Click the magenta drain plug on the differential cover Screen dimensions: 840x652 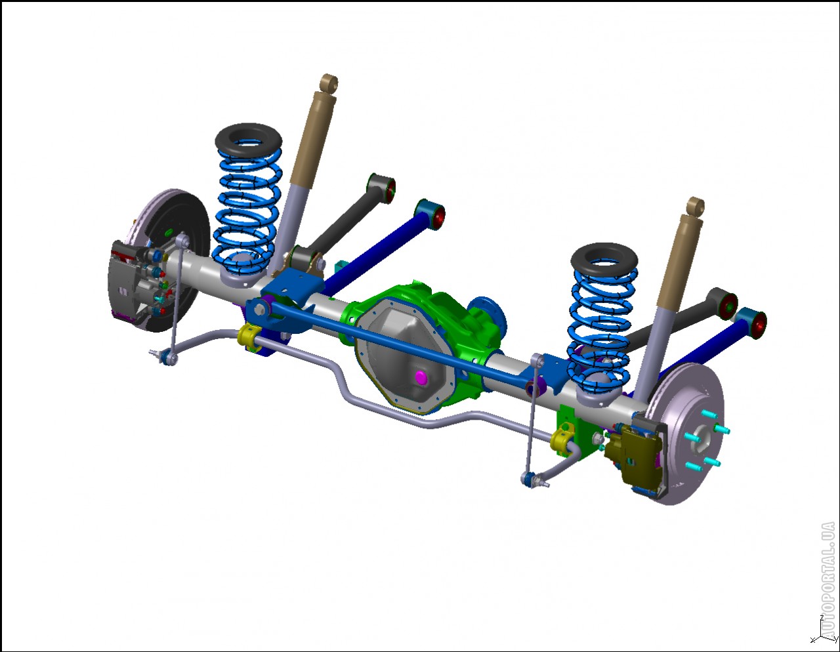coord(420,377)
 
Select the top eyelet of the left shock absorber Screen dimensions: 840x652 coord(329,83)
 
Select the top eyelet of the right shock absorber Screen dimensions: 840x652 coord(696,207)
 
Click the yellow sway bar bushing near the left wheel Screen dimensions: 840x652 coord(250,336)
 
